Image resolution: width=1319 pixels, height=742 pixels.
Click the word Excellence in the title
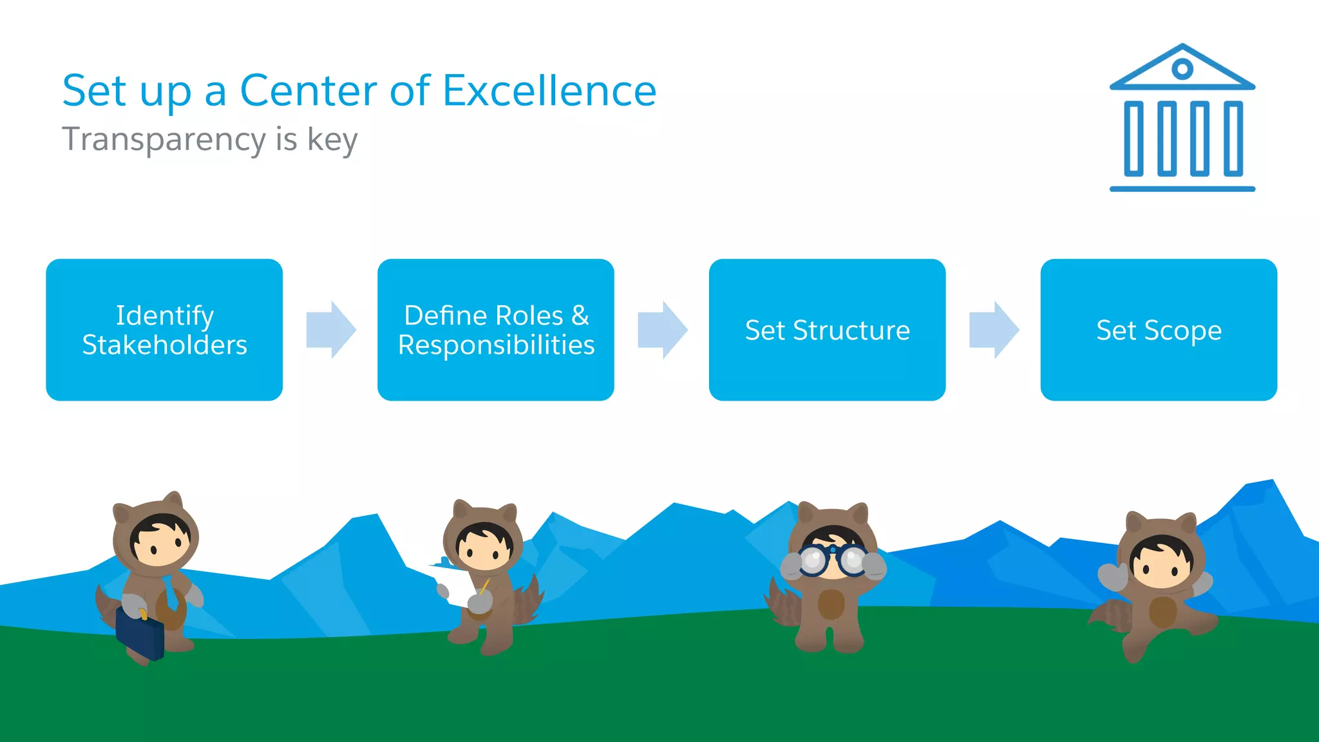[x=549, y=91]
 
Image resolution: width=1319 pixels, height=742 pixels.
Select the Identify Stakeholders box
[x=164, y=330]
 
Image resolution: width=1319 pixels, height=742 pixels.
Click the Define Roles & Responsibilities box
[x=495, y=330]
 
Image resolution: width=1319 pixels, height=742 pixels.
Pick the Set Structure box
[x=827, y=330]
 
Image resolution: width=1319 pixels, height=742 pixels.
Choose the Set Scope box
[x=1158, y=330]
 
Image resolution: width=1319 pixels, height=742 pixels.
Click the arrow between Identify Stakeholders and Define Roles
[x=330, y=329]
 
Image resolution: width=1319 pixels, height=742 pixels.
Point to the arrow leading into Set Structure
[x=662, y=329]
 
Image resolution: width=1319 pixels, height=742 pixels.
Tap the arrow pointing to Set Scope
[x=993, y=329]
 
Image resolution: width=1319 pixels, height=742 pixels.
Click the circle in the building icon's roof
[x=1182, y=68]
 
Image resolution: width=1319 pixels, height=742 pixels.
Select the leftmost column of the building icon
[x=1134, y=138]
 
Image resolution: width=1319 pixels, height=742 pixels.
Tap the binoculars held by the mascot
[x=833, y=560]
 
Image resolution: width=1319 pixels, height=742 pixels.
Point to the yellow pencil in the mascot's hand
[x=484, y=587]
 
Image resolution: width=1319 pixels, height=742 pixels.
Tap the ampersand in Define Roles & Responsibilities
[x=580, y=316]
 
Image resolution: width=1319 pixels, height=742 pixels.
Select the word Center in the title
[x=308, y=91]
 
